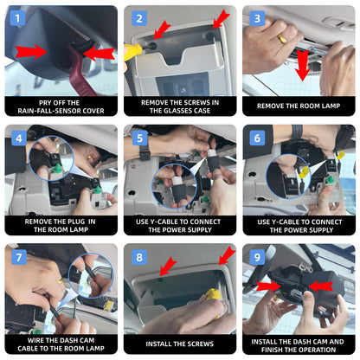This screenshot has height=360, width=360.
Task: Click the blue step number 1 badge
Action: (17, 18)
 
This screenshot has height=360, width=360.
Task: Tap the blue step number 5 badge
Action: (140, 138)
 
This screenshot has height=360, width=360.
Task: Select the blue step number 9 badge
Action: (257, 257)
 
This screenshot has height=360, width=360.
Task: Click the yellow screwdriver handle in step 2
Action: (132, 52)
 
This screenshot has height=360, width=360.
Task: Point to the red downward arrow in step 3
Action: (302, 65)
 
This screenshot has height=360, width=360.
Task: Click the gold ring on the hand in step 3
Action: (282, 39)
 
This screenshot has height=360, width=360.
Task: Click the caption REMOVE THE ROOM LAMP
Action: (299, 106)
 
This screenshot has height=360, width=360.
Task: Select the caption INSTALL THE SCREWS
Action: (180, 344)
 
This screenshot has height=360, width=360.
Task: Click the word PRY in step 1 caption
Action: (45, 103)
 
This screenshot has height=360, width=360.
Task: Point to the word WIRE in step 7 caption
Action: (35, 340)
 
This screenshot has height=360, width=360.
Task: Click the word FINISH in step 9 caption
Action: (272, 350)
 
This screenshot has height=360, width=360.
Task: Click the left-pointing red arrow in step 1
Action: (99, 54)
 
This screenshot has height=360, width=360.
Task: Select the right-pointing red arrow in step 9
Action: (268, 286)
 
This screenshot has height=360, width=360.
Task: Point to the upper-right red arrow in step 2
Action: (222, 19)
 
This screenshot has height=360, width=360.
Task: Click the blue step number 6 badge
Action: (257, 138)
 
